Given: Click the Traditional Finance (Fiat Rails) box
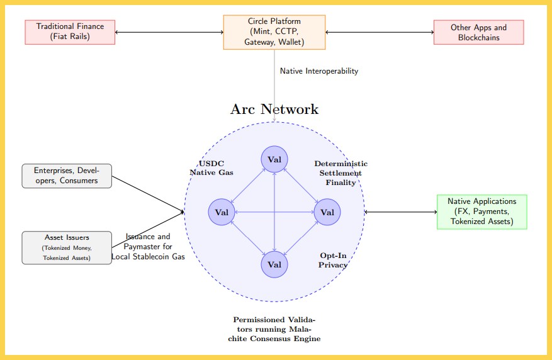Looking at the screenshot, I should point(70,32).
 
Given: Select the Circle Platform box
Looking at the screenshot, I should point(274,32).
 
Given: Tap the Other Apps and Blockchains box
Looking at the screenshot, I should point(478,32).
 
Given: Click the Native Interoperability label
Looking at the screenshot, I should point(318,71).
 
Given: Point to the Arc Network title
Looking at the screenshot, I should point(274,110).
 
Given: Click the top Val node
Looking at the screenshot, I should point(274,159).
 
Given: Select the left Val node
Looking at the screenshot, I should point(222,211).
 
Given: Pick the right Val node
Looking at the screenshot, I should point(327,211).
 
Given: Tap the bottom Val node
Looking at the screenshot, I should point(274,264).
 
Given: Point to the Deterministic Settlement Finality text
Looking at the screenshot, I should point(341,173).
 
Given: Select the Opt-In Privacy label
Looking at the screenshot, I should point(334,260).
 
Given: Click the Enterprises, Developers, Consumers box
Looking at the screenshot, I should point(67,176).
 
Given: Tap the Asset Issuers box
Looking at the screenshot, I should point(67,247).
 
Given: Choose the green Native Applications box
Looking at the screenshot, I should point(482,211).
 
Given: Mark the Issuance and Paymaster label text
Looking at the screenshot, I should point(148,247).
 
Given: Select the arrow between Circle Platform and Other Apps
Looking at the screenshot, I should point(380,32).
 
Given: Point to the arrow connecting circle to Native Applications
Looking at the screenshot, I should point(400,211).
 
